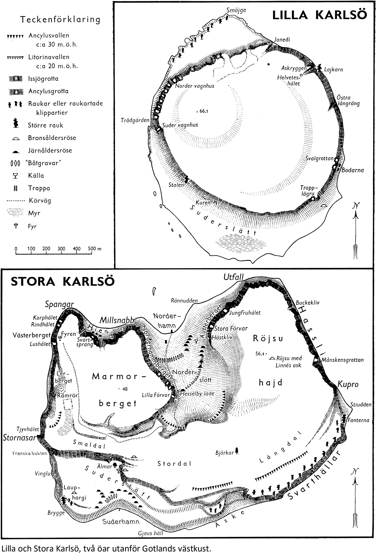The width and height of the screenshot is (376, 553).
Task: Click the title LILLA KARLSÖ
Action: pyautogui.click(x=319, y=15)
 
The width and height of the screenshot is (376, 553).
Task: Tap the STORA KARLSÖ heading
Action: pyautogui.click(x=62, y=282)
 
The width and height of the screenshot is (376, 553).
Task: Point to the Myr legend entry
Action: pyautogui.click(x=34, y=213)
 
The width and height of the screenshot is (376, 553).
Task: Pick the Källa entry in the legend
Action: pyautogui.click(x=36, y=175)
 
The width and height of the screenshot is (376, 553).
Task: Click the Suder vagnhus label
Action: pyautogui.click(x=180, y=125)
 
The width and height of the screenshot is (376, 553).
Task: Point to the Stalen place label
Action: pyautogui.click(x=176, y=185)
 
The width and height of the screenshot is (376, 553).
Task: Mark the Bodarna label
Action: pyautogui.click(x=353, y=170)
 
